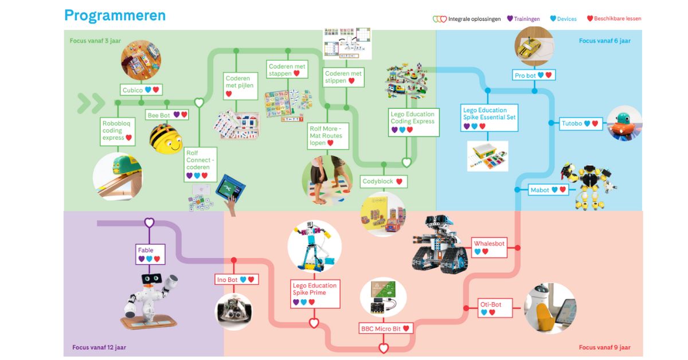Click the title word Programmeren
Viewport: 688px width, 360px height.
point(115,15)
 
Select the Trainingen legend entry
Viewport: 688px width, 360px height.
point(523,19)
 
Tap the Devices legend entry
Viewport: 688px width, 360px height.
point(564,19)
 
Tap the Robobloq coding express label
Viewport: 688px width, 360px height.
point(117,130)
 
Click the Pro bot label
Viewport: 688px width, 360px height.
point(534,76)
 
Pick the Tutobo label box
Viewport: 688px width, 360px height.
point(580,123)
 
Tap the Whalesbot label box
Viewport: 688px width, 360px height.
point(489,247)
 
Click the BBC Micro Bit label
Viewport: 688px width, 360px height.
point(385,328)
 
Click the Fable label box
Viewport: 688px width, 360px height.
point(148,254)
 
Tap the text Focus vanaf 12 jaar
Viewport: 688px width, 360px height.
point(99,347)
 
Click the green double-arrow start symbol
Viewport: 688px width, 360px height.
point(91,103)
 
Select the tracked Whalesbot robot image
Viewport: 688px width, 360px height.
point(439,244)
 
